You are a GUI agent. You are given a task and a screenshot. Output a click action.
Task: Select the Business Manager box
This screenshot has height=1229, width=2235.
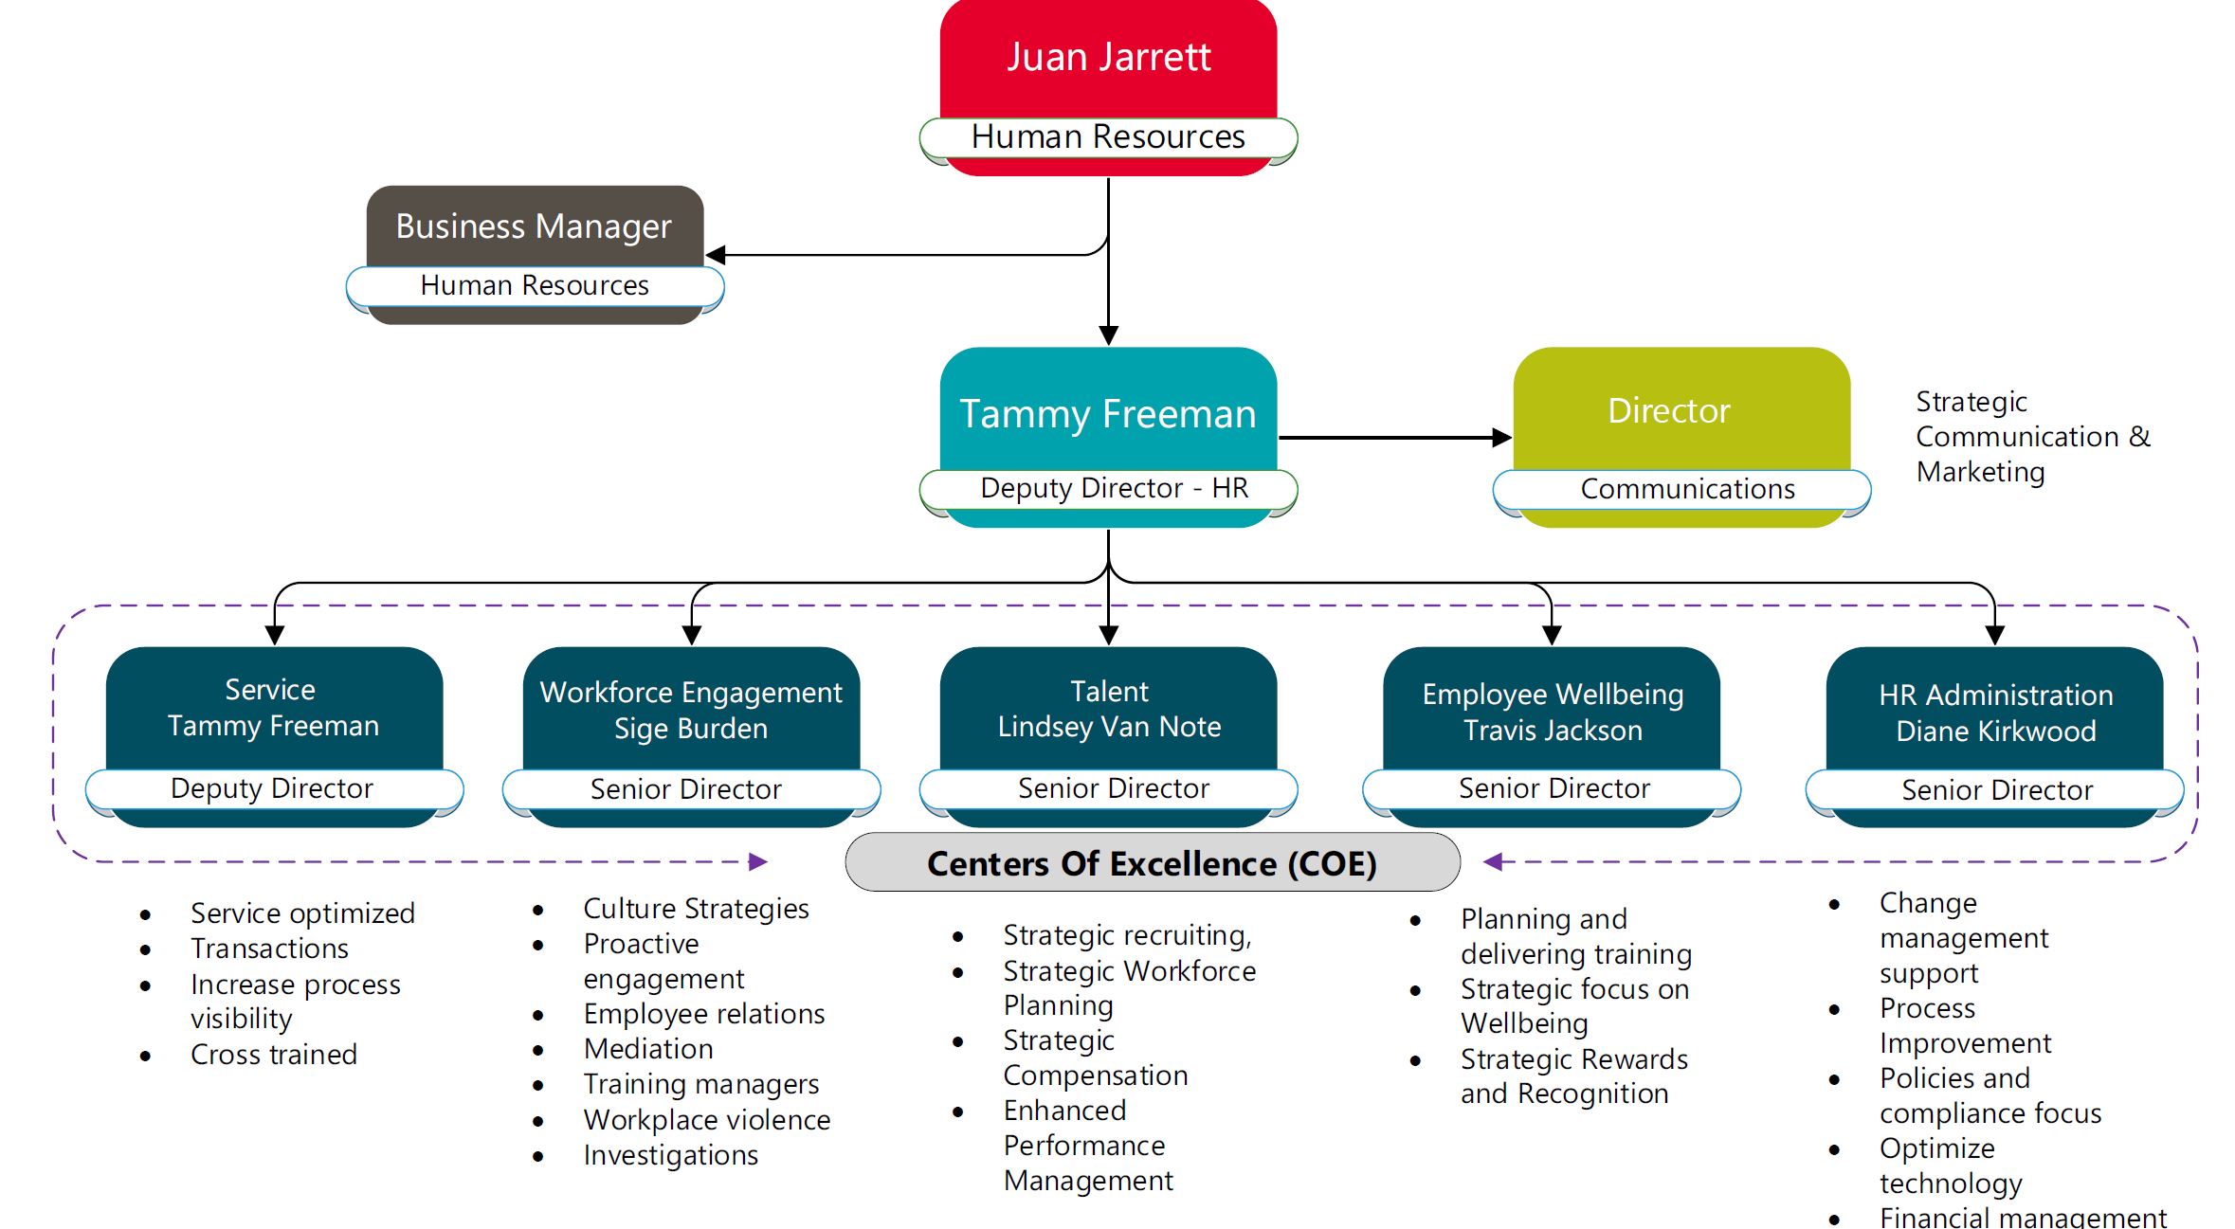click(x=534, y=226)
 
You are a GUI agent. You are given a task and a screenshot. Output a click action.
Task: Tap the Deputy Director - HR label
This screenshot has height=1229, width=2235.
click(x=1108, y=489)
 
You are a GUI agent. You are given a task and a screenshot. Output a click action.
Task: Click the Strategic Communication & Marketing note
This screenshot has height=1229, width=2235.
click(x=2030, y=437)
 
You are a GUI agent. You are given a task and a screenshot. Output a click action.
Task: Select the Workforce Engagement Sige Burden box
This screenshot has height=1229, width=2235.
click(x=690, y=711)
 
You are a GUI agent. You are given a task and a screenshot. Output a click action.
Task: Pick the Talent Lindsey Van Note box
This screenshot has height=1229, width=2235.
click(x=1108, y=709)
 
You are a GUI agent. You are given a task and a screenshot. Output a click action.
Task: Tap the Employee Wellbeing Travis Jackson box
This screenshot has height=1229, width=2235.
click(x=1552, y=712)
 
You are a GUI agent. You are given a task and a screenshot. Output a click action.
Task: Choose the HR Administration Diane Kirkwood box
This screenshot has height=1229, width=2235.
click(x=1994, y=713)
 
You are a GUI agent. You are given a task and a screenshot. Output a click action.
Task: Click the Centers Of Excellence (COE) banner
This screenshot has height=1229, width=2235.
click(x=1152, y=863)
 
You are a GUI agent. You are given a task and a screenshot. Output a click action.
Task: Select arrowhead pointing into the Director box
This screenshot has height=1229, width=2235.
click(x=1500, y=438)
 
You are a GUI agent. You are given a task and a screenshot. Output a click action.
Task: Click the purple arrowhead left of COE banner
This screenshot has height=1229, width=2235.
click(x=757, y=861)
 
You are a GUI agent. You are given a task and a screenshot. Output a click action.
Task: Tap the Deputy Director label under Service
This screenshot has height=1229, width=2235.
click(x=273, y=789)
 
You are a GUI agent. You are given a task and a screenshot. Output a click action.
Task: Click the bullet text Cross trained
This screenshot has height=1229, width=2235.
click(x=273, y=1055)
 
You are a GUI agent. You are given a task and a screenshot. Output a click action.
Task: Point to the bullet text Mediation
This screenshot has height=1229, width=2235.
click(x=648, y=1049)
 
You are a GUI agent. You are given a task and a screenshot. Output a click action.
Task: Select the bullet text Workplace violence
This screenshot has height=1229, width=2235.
click(x=706, y=1120)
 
